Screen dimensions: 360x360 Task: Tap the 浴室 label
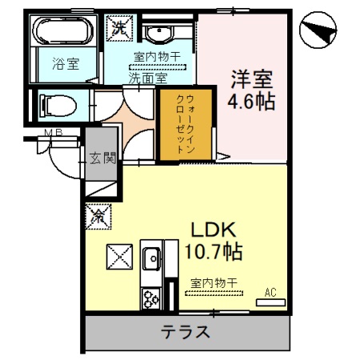tap(66, 65)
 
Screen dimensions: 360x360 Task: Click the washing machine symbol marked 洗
tap(118, 26)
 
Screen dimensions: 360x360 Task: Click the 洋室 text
tap(252, 81)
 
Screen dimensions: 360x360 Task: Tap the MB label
tap(54, 133)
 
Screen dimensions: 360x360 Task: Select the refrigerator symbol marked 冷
tap(100, 215)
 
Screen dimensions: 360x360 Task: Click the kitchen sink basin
tap(150, 258)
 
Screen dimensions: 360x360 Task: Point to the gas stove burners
tap(150, 298)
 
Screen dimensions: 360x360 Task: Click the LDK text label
tap(211, 231)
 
